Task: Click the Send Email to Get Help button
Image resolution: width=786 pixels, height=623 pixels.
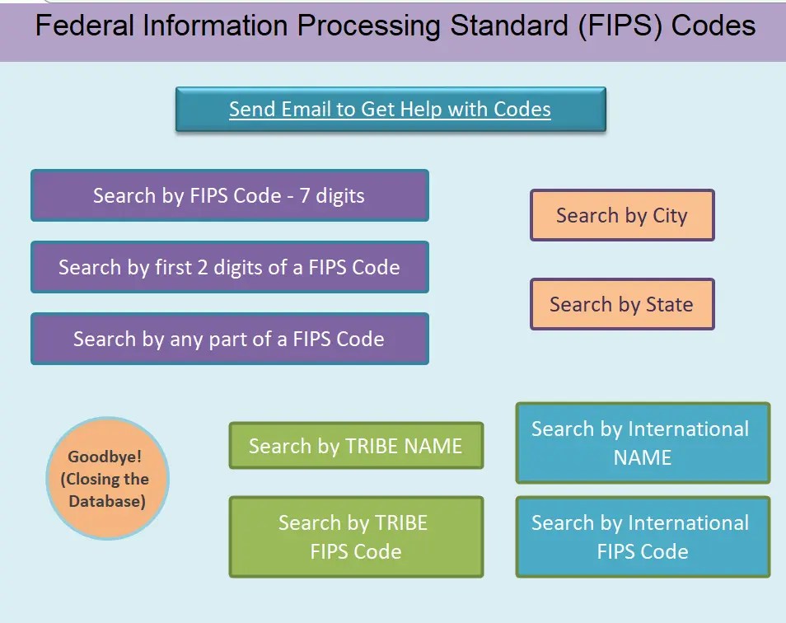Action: [x=391, y=110]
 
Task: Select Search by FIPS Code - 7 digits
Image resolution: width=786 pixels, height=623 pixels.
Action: [x=229, y=196]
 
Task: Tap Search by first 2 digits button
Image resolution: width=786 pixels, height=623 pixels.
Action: [x=229, y=268]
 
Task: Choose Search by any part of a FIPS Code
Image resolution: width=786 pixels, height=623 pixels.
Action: [x=229, y=339]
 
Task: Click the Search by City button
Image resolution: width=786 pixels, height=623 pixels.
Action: [x=621, y=216]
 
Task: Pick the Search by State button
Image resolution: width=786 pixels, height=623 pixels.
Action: [x=621, y=304]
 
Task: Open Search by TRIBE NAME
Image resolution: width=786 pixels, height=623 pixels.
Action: [x=356, y=446]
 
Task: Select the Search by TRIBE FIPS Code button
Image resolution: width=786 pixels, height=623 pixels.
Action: [x=356, y=536]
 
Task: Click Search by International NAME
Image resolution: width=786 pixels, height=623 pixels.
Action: [x=642, y=443]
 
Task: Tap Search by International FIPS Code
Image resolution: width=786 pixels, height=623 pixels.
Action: [x=642, y=536]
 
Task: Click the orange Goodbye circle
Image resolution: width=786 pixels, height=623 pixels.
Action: [x=108, y=479]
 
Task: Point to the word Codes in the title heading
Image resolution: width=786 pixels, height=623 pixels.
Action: [x=713, y=26]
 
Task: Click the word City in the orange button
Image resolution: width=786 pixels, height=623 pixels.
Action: [x=670, y=216]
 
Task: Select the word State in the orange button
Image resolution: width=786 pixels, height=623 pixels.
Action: [x=669, y=304]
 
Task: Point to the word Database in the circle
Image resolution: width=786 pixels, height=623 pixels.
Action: [x=107, y=501]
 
